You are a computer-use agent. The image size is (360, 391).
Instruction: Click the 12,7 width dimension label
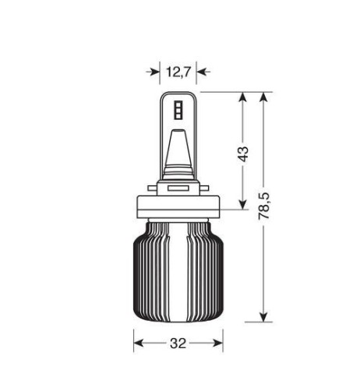pyautogui.click(x=178, y=72)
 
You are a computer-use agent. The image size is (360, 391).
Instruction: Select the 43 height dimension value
pyautogui.click(x=243, y=154)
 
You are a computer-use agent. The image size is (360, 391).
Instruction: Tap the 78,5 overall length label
pyautogui.click(x=264, y=206)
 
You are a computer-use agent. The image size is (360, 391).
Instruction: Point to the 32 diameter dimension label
pyautogui.click(x=178, y=343)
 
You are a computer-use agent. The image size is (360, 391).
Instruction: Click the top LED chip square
pyautogui.click(x=178, y=104)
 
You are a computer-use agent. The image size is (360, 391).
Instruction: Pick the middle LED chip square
pyautogui.click(x=178, y=110)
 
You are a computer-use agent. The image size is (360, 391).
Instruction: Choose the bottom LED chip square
pyautogui.click(x=178, y=116)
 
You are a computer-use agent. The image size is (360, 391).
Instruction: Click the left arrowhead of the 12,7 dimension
pyautogui.click(x=154, y=72)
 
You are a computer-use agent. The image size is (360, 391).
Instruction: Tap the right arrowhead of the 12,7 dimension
pyautogui.click(x=203, y=72)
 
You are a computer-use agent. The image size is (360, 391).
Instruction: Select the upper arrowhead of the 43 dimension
pyautogui.click(x=243, y=99)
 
